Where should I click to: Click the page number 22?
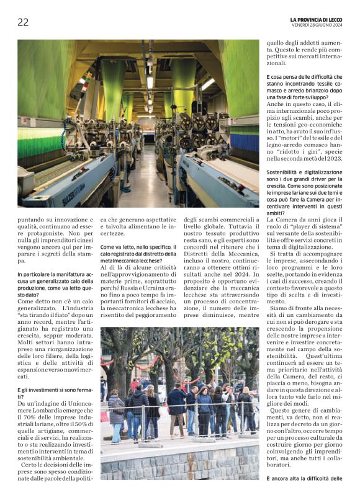(x=23, y=22)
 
